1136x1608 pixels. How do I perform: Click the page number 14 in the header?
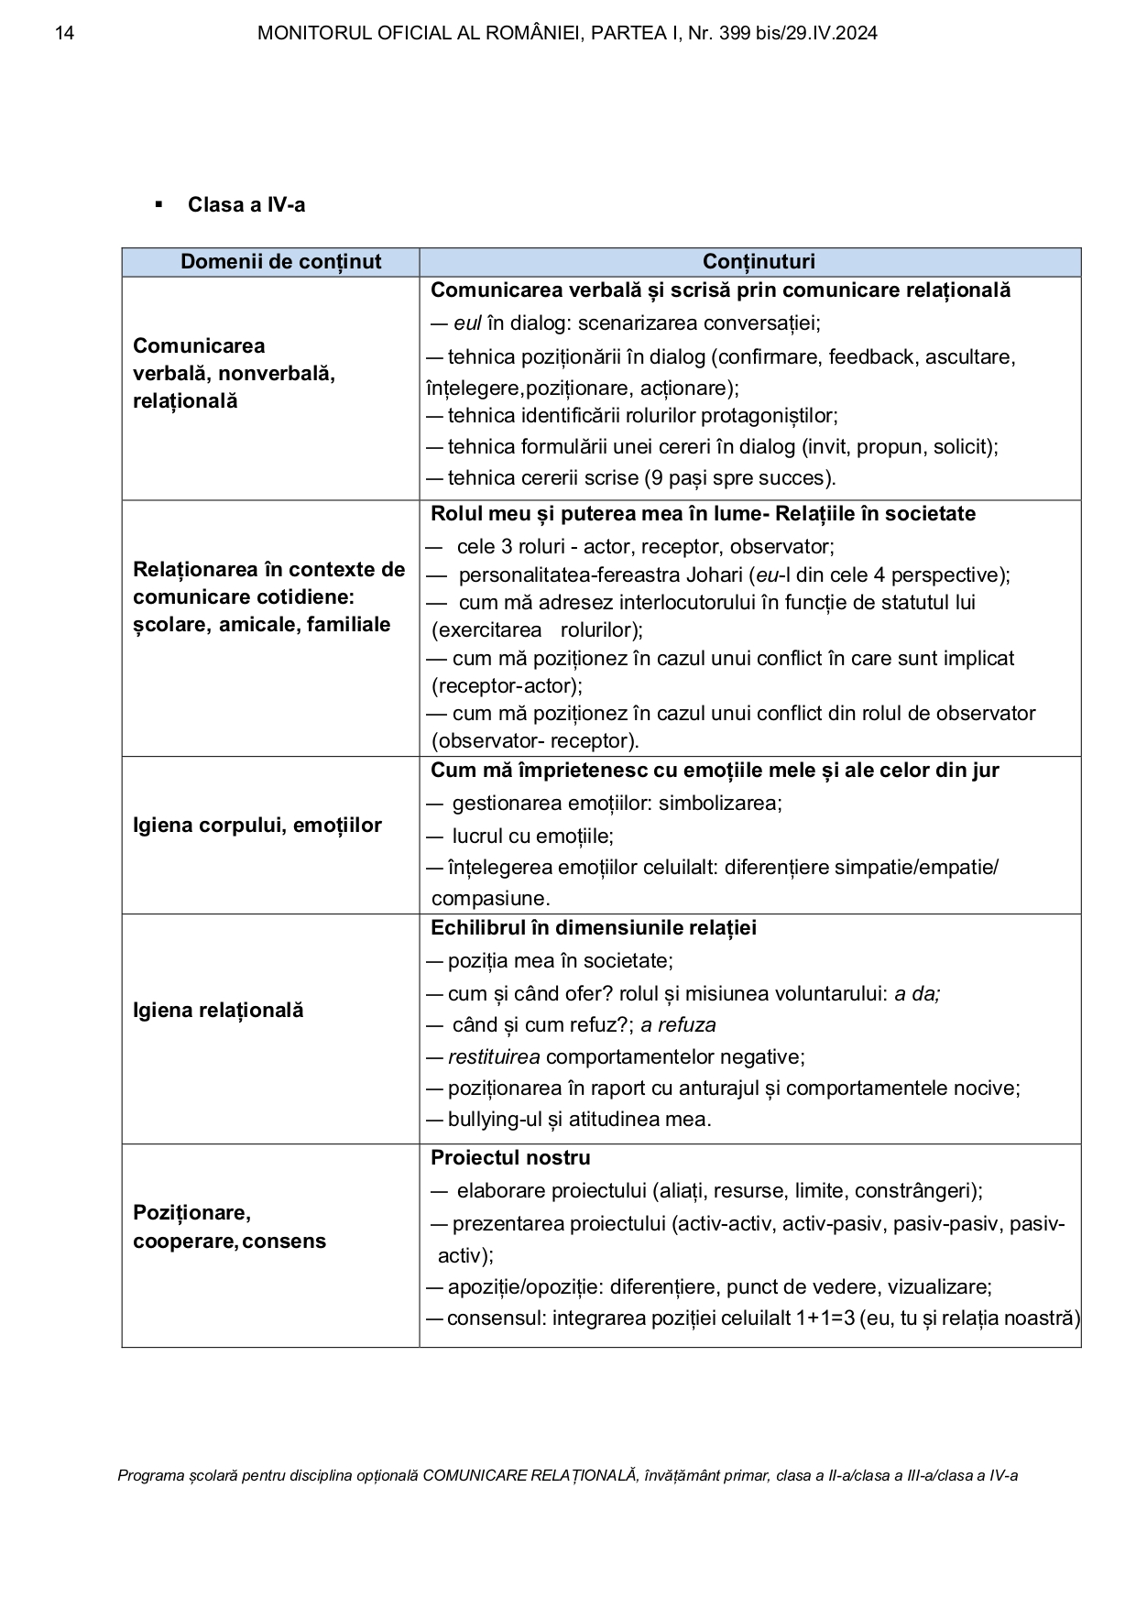[64, 34]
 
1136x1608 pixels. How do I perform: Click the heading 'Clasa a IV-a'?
[246, 204]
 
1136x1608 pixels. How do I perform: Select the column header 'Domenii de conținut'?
[280, 262]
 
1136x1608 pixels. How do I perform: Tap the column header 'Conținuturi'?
[759, 262]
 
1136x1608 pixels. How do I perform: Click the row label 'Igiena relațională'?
[218, 1011]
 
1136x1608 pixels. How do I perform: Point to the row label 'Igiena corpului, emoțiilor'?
[257, 826]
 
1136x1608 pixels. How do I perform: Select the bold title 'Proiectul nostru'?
[510, 1158]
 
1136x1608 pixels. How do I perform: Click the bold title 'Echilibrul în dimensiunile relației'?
[594, 928]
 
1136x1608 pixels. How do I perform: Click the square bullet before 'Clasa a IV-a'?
[159, 203]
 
